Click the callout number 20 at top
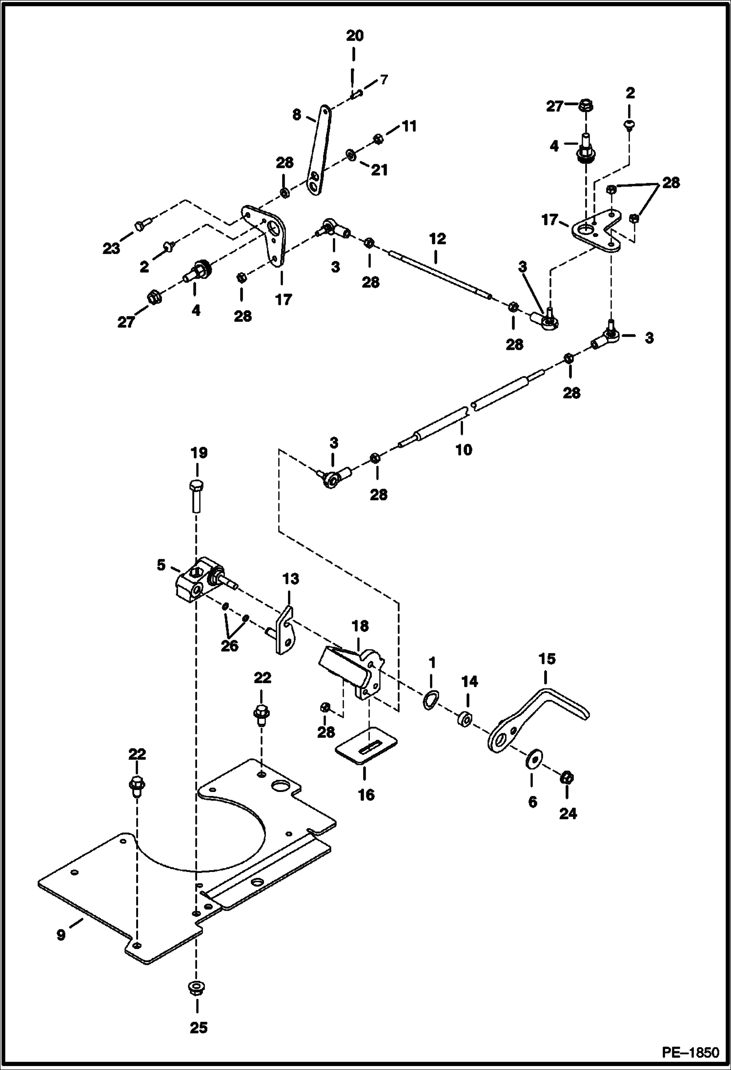(355, 36)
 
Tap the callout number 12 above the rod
(437, 239)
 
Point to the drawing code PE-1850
(690, 1052)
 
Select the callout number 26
(229, 646)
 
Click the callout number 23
(111, 249)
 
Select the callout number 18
(360, 626)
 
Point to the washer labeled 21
(350, 156)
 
